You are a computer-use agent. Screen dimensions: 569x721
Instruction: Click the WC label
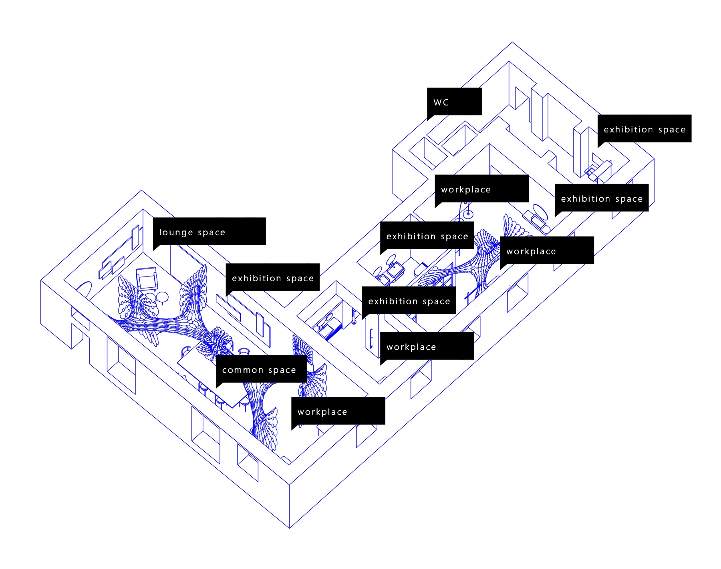pos(454,102)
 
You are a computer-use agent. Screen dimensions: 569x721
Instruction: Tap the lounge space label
pos(209,231)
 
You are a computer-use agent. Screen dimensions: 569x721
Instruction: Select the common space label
pos(261,369)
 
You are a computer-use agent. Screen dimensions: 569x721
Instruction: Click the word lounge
pos(176,232)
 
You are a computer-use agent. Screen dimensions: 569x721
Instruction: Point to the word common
pos(243,370)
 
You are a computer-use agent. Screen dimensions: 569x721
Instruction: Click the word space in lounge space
pos(211,232)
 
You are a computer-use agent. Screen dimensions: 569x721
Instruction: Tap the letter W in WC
pos(438,102)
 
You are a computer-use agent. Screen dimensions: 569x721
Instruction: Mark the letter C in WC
pos(446,102)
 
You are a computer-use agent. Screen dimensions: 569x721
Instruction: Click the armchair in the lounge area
pos(147,278)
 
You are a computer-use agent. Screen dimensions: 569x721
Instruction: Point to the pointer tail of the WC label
pos(430,117)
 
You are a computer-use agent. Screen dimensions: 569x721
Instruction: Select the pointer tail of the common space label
pos(219,385)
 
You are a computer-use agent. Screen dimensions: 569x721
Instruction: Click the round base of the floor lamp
pos(468,214)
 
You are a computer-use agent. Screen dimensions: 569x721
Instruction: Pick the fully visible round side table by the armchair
pos(162,297)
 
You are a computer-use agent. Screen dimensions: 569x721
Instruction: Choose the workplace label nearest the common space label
pos(338,411)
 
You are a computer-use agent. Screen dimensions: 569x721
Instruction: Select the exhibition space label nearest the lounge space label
pos(272,277)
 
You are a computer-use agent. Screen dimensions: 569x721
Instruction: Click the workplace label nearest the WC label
pos(481,188)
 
